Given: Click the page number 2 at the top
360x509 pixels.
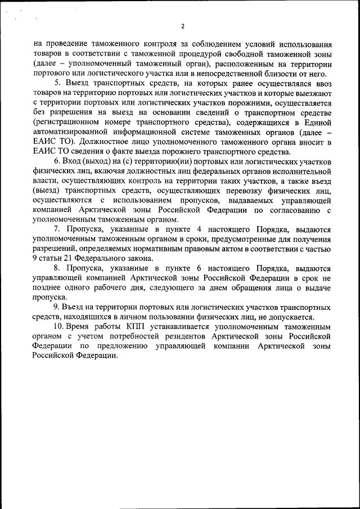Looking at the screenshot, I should click(183, 26).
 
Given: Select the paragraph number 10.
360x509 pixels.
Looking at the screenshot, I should click(58, 326).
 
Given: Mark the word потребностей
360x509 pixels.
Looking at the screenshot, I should click(142, 336).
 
